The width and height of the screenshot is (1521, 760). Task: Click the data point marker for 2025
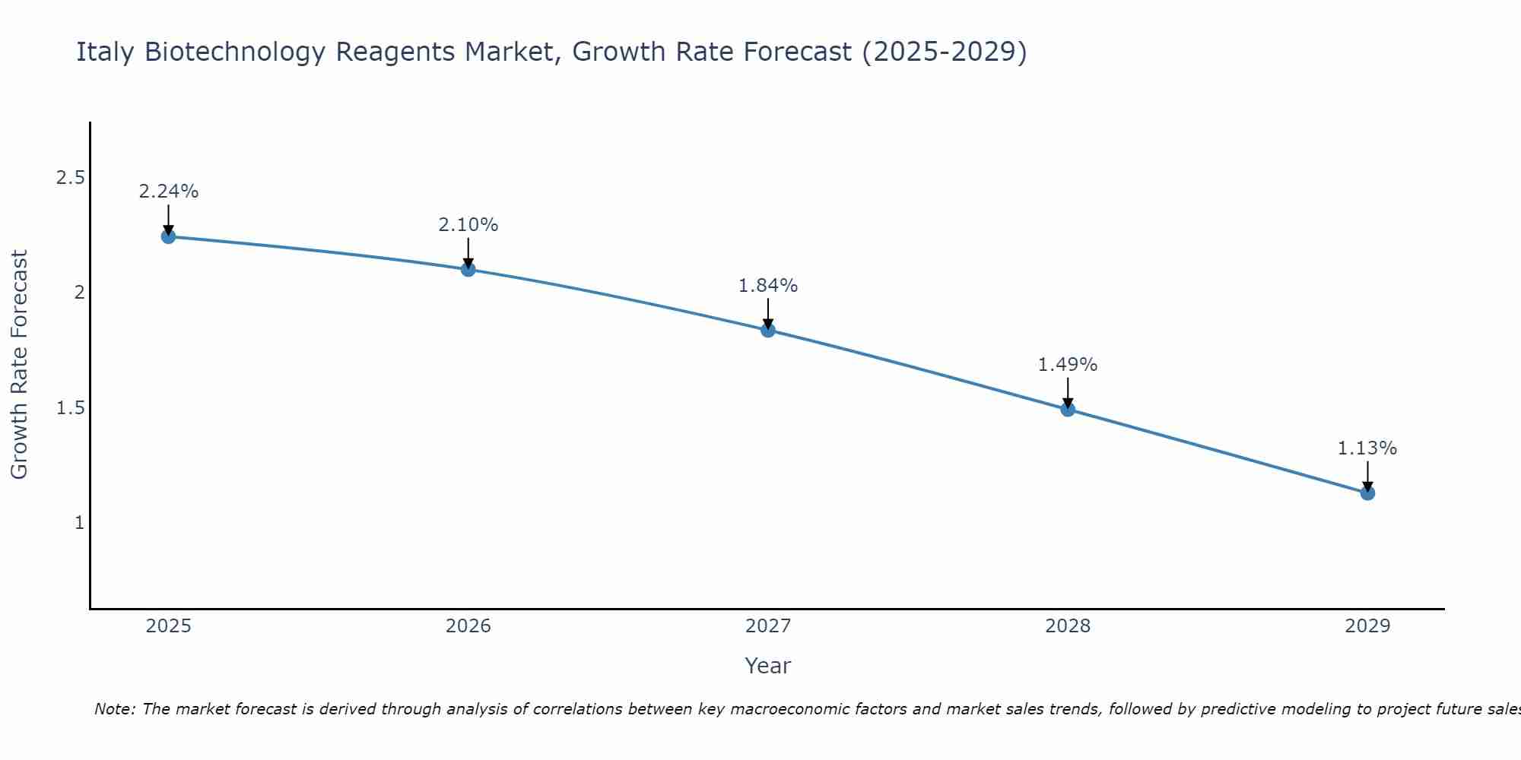click(168, 236)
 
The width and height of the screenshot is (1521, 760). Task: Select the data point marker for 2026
click(468, 269)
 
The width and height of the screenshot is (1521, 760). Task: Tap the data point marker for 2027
click(768, 330)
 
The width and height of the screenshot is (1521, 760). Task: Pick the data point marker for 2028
click(1068, 410)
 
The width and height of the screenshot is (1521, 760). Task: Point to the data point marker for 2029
click(1367, 493)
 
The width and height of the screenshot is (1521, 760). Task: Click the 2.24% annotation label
click(168, 192)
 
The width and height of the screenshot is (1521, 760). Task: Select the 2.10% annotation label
click(468, 225)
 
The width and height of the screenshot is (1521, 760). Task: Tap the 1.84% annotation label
click(768, 286)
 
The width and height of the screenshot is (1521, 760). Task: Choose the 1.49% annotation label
click(1068, 365)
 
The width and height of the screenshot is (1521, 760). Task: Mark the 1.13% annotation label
click(1367, 448)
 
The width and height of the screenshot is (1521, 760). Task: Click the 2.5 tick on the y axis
click(70, 178)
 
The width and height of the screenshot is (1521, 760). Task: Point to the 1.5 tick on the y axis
click(70, 408)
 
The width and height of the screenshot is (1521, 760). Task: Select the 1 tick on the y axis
click(79, 523)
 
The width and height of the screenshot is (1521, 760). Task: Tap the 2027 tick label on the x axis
click(768, 626)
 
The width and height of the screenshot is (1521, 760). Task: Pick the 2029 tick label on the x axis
click(1367, 626)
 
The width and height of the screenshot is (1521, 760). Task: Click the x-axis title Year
click(768, 666)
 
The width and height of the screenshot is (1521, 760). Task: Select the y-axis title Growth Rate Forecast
click(19, 365)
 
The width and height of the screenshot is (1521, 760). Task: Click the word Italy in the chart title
click(106, 52)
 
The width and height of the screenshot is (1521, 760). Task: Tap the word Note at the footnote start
click(114, 709)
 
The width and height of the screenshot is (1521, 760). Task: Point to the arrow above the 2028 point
click(1068, 392)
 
